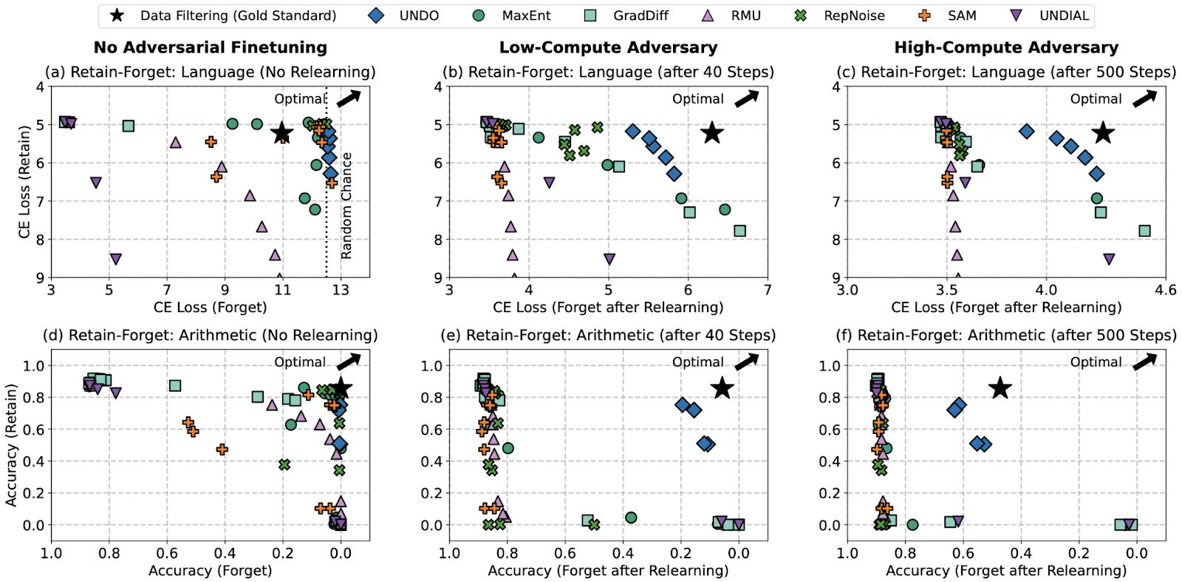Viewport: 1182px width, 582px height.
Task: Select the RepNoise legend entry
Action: pos(841,16)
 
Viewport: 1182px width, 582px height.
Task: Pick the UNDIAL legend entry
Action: pos(1050,16)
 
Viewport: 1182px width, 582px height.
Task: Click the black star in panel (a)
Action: pos(281,134)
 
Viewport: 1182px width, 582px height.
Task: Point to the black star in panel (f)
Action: pos(1000,388)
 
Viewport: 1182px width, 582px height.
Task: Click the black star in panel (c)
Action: pos(1103,133)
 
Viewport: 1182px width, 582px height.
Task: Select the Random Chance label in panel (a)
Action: pos(346,206)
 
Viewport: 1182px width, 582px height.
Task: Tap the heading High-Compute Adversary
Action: pos(1006,48)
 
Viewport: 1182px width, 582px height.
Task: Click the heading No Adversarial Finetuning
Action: pos(211,48)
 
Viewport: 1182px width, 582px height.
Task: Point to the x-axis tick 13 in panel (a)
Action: pos(341,290)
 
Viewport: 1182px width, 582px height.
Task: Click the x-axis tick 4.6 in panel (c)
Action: pos(1166,290)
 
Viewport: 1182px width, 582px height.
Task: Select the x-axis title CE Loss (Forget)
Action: pos(211,307)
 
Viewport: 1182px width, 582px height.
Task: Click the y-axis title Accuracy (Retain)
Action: pos(11,444)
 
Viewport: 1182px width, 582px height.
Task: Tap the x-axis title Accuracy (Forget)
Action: pos(211,570)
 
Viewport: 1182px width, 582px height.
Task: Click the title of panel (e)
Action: pos(608,335)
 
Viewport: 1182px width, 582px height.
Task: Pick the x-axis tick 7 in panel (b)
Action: pos(768,290)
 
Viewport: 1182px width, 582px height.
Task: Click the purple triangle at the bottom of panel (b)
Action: pos(609,260)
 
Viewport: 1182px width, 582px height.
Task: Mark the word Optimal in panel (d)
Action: pos(300,362)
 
